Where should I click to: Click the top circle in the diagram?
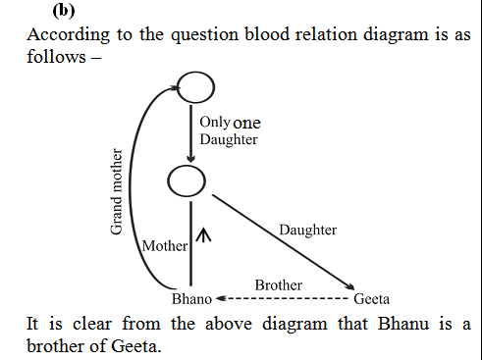(194, 87)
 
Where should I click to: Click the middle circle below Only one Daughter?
(187, 180)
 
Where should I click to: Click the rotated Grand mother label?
(116, 192)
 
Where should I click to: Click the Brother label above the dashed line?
(279, 284)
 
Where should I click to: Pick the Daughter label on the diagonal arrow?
(307, 230)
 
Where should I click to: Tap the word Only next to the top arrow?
(214, 123)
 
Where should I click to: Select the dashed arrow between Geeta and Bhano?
(284, 298)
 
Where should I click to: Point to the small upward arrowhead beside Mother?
(204, 234)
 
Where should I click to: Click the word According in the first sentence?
(64, 34)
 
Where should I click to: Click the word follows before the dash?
(53, 56)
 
